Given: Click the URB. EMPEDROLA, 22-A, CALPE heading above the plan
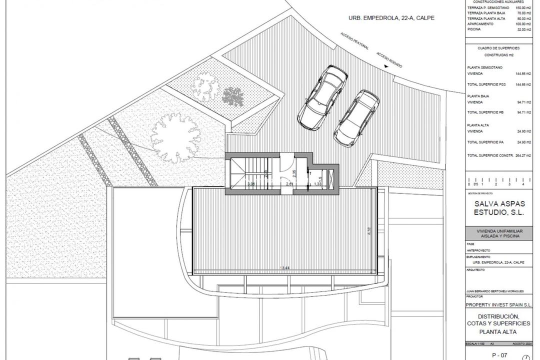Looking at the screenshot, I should click(x=391, y=18).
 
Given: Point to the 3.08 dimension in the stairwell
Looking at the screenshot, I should click(x=250, y=184).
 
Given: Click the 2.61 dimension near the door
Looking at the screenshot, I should click(x=289, y=184).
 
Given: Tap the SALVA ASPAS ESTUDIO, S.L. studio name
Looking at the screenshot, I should click(x=500, y=208).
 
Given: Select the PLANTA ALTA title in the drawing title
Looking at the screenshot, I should click(x=497, y=331).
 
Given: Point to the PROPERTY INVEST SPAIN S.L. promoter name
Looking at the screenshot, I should click(x=499, y=304).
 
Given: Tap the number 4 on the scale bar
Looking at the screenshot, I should click(x=522, y=184).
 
